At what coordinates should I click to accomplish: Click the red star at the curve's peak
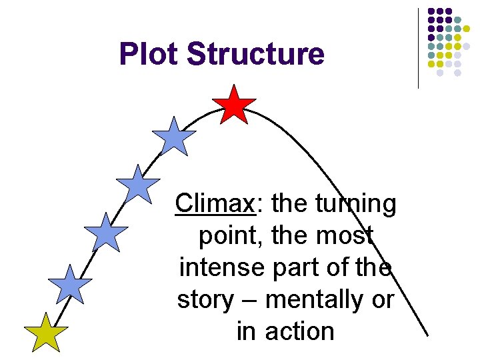point(234,105)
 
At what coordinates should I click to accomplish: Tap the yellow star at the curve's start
point(46,333)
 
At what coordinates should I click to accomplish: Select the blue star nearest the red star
point(174,137)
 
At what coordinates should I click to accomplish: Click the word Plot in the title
point(149,54)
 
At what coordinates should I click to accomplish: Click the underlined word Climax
point(215,203)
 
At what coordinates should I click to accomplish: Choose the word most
point(344,235)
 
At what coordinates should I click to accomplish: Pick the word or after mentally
point(383,299)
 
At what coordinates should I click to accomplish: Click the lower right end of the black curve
point(426,333)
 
